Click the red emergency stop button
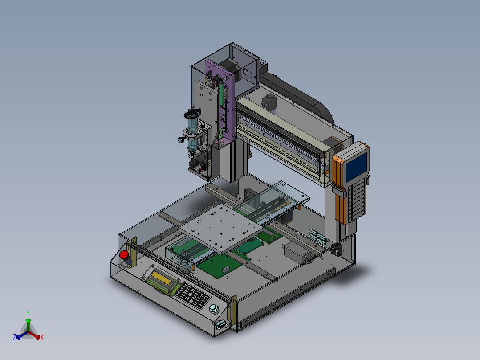pos(124,254)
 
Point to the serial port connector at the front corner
pos(221,324)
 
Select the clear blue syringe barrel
pos(192,135)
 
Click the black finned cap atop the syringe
pos(192,114)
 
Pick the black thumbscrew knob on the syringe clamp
pos(181,140)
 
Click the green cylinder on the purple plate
pos(221,94)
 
